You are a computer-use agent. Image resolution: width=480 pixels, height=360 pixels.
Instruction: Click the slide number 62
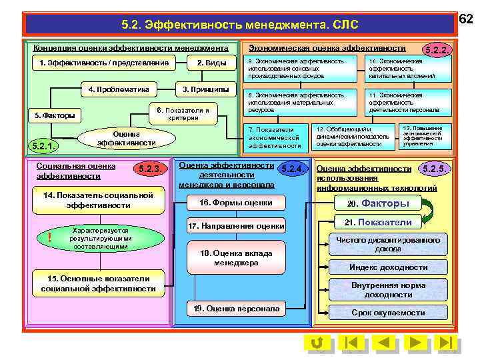click(466, 20)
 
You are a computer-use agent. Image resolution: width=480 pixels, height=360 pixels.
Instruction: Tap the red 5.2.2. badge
click(437, 50)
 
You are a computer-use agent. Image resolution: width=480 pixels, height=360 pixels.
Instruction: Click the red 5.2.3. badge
click(147, 169)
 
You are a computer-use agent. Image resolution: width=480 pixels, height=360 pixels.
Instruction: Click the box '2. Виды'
click(211, 63)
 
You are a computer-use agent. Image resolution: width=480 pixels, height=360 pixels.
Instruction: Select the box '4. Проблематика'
click(119, 89)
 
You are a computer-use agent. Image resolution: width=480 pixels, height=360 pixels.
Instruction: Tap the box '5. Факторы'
click(55, 115)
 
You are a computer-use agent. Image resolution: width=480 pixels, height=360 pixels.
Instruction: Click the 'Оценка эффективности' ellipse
click(126, 138)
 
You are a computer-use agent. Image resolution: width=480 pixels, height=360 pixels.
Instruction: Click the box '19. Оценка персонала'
click(236, 309)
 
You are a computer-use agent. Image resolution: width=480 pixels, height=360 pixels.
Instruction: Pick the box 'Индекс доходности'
click(388, 267)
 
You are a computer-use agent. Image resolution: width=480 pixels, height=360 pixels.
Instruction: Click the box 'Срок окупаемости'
click(388, 313)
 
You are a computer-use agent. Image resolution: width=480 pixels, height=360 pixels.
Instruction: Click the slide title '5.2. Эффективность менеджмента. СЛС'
click(240, 25)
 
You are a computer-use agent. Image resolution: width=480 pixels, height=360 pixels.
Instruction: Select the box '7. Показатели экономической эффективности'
click(274, 137)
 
